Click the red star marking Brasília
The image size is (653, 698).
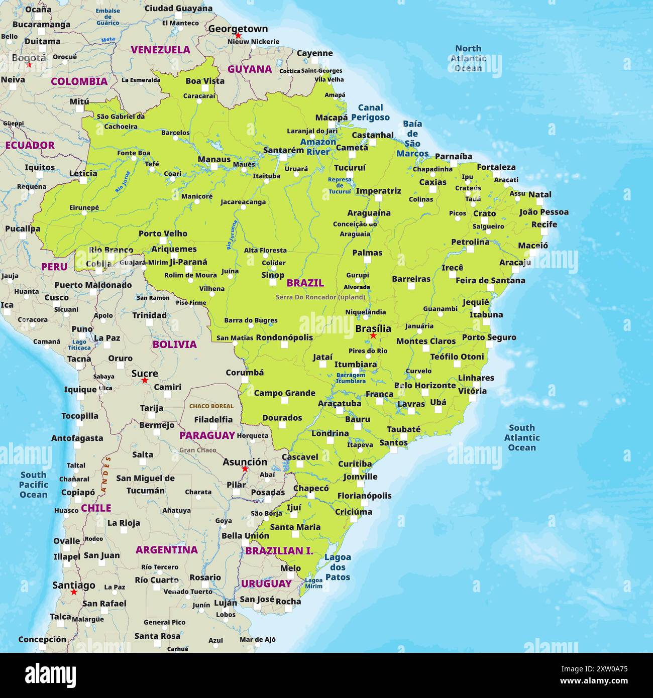click(x=373, y=335)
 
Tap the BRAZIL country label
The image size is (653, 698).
click(x=305, y=283)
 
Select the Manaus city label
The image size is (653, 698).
click(x=214, y=159)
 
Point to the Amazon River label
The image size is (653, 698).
click(x=318, y=147)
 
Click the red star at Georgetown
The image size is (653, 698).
click(x=238, y=36)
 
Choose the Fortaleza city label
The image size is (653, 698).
click(x=496, y=167)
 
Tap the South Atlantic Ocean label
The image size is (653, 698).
click(x=522, y=437)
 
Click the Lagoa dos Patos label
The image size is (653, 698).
click(x=338, y=567)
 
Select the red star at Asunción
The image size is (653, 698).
click(x=245, y=469)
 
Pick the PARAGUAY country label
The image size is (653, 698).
click(x=207, y=435)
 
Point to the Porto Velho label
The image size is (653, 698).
click(x=163, y=234)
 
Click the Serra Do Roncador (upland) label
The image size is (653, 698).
click(x=320, y=297)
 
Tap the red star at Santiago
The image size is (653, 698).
click(x=74, y=593)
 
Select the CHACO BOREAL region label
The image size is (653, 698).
click(x=211, y=406)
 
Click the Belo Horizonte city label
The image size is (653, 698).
click(x=424, y=385)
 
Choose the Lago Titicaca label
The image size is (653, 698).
click(x=79, y=344)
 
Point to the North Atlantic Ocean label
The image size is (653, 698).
click(x=468, y=58)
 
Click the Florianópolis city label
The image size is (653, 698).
click(x=364, y=496)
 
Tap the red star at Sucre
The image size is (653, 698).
click(x=145, y=381)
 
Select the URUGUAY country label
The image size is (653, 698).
click(x=266, y=584)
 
